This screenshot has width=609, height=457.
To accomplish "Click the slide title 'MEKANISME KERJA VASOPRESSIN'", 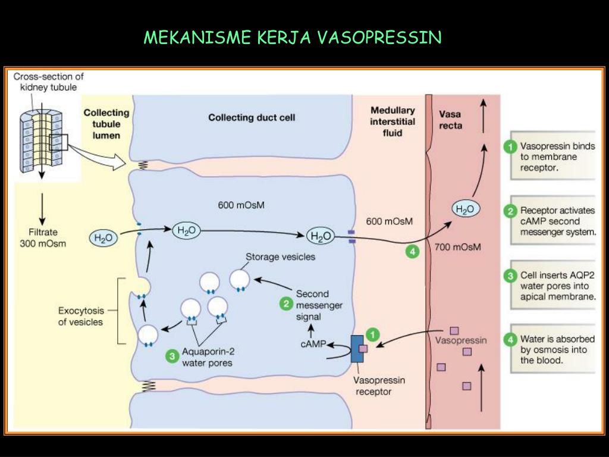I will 293,38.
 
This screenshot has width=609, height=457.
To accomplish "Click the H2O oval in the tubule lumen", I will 103,239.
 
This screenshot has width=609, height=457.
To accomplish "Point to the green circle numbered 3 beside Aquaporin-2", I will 172,356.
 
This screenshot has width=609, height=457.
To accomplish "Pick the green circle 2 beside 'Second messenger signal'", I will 286,303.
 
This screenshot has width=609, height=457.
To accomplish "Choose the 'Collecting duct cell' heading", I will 252,117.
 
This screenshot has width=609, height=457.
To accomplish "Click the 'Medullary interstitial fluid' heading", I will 393,121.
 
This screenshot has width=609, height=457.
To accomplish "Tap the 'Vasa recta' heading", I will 450,120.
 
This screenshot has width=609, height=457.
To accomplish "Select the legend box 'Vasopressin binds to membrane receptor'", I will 551,156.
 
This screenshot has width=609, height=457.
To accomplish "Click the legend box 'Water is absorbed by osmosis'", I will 551,350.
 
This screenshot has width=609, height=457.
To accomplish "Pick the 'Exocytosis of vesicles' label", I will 80,316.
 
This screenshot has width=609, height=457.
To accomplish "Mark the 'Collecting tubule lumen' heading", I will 106,124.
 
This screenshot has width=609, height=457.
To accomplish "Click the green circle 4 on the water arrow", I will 412,252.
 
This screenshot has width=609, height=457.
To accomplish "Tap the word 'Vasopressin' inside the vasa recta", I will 461,341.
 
